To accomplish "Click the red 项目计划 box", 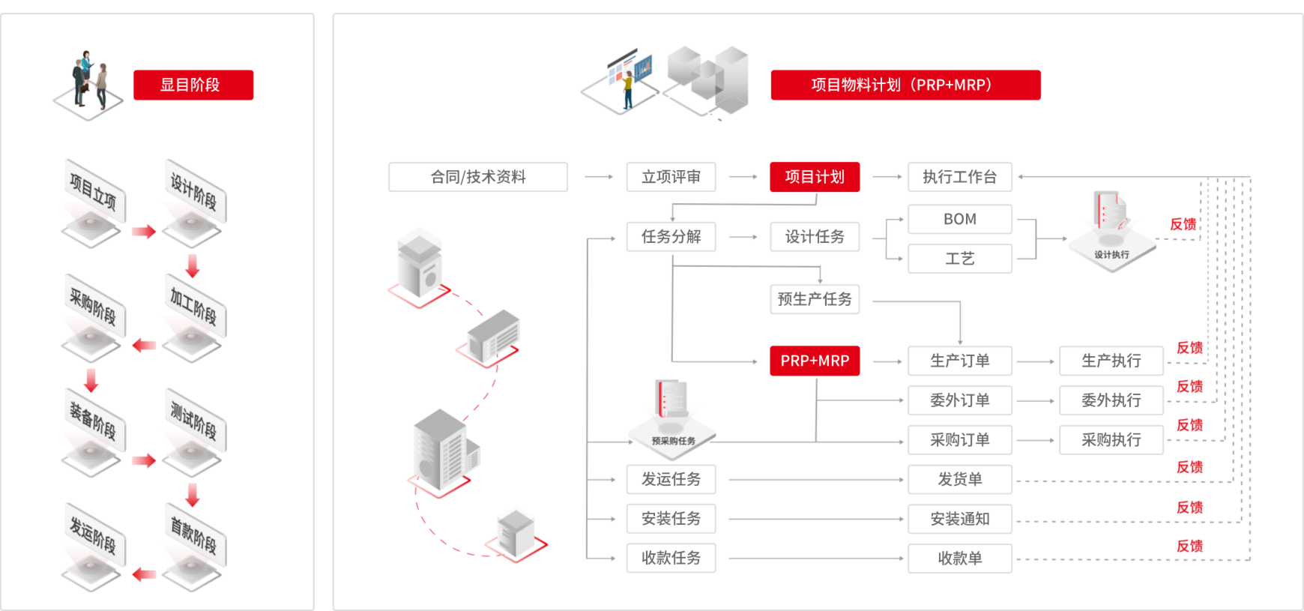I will (x=815, y=177).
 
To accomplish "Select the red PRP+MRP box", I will (x=815, y=361).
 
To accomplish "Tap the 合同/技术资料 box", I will (x=478, y=177).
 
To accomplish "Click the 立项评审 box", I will (x=671, y=177).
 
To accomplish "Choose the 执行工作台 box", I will (x=959, y=177).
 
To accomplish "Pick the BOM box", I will (x=959, y=219).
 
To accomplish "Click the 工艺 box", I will (x=959, y=259).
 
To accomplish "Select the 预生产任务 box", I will (x=815, y=299).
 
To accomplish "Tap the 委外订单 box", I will (x=959, y=400).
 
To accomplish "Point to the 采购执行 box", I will (x=1111, y=440).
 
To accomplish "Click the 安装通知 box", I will (x=959, y=519).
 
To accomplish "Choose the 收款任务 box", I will (x=671, y=558).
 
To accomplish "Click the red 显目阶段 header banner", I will (x=193, y=85).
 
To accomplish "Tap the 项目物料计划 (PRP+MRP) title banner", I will (x=905, y=85).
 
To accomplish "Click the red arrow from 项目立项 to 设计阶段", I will (x=144, y=232).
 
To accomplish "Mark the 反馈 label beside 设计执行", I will (x=1183, y=224).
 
